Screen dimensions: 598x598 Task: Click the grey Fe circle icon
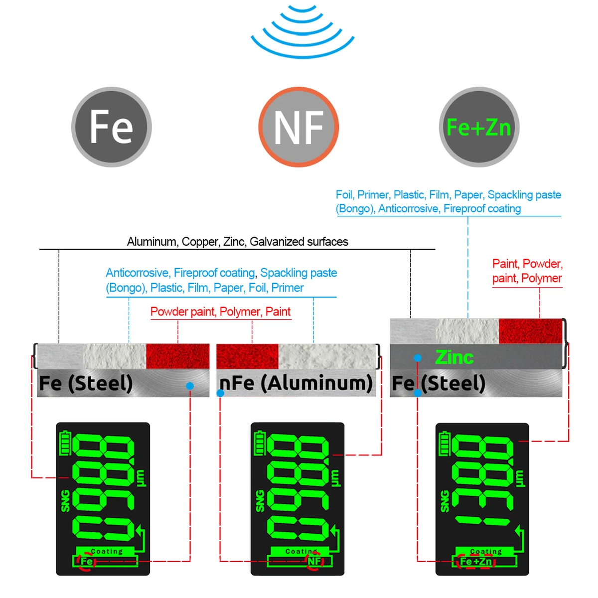click(x=111, y=127)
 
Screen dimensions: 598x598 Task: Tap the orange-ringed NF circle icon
click(x=299, y=127)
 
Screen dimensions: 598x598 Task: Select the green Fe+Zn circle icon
click(x=479, y=127)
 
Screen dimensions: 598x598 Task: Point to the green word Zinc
click(x=454, y=357)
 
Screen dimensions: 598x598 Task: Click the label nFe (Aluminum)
click(x=296, y=383)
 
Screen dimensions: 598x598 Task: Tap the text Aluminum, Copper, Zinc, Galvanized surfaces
click(x=237, y=242)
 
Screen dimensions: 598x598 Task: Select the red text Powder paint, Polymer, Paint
click(x=220, y=312)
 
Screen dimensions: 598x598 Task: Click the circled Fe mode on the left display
click(x=86, y=562)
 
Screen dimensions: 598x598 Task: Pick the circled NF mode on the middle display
click(x=314, y=561)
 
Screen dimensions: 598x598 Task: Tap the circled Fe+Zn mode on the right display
click(x=476, y=562)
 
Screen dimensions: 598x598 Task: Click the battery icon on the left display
click(x=65, y=444)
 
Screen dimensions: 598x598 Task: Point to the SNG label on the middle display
click(x=260, y=501)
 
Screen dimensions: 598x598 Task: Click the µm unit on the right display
click(x=520, y=478)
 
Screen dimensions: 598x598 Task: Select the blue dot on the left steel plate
click(x=189, y=386)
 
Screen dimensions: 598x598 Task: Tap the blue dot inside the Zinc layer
click(x=418, y=358)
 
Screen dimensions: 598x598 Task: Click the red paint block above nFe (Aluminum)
click(x=247, y=356)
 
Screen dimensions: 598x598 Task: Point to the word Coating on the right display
click(x=486, y=552)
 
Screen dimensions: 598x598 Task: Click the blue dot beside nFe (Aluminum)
click(x=220, y=393)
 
